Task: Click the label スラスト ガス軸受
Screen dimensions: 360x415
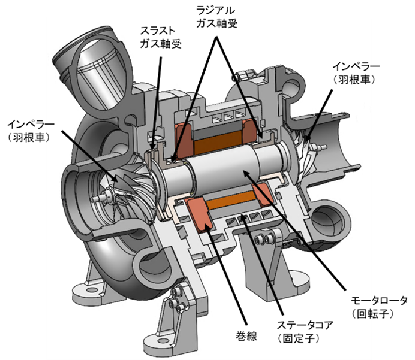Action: [x=160, y=37]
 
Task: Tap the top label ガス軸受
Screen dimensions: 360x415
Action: [x=216, y=23]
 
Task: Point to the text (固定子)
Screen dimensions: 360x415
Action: [x=299, y=338]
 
